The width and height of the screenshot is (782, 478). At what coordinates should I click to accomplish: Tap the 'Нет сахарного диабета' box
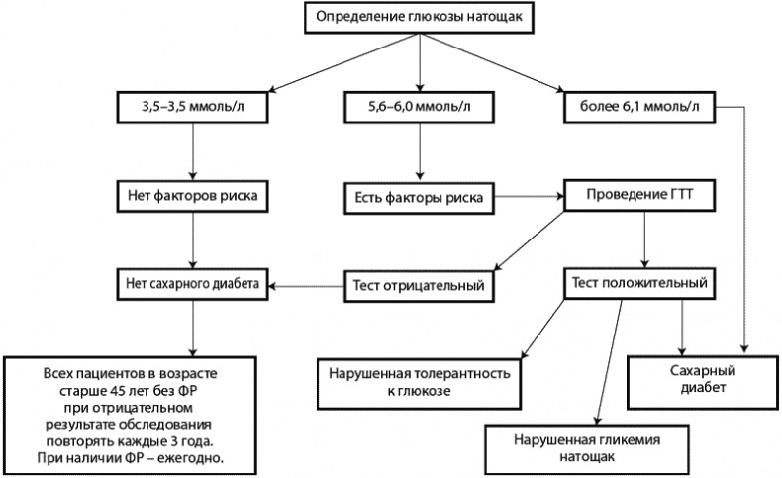pyautogui.click(x=192, y=283)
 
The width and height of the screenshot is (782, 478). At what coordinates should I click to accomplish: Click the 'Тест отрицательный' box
pyautogui.click(x=418, y=287)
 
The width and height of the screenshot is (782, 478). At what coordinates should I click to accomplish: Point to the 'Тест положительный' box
pyautogui.click(x=638, y=283)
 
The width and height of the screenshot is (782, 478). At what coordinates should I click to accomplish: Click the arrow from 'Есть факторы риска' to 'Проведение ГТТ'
pyautogui.click(x=528, y=196)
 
